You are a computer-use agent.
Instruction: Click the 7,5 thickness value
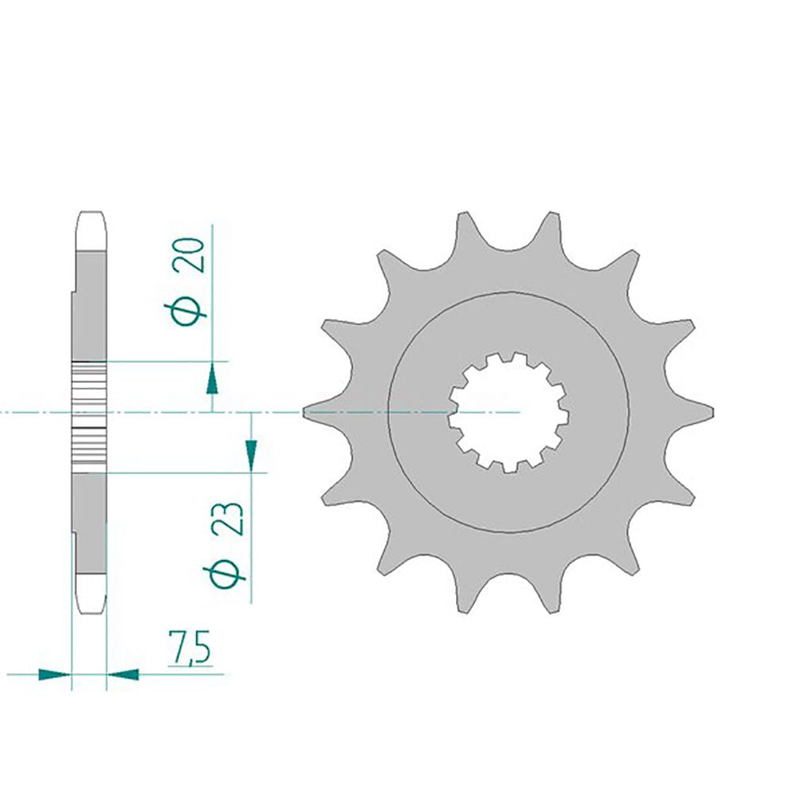189,647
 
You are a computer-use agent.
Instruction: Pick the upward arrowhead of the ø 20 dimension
212,380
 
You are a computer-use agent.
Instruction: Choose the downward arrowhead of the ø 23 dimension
251,454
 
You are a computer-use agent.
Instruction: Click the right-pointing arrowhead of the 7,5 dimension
55,675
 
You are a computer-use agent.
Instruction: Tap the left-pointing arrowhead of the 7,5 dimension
123,675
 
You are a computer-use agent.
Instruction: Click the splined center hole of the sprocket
509,412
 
